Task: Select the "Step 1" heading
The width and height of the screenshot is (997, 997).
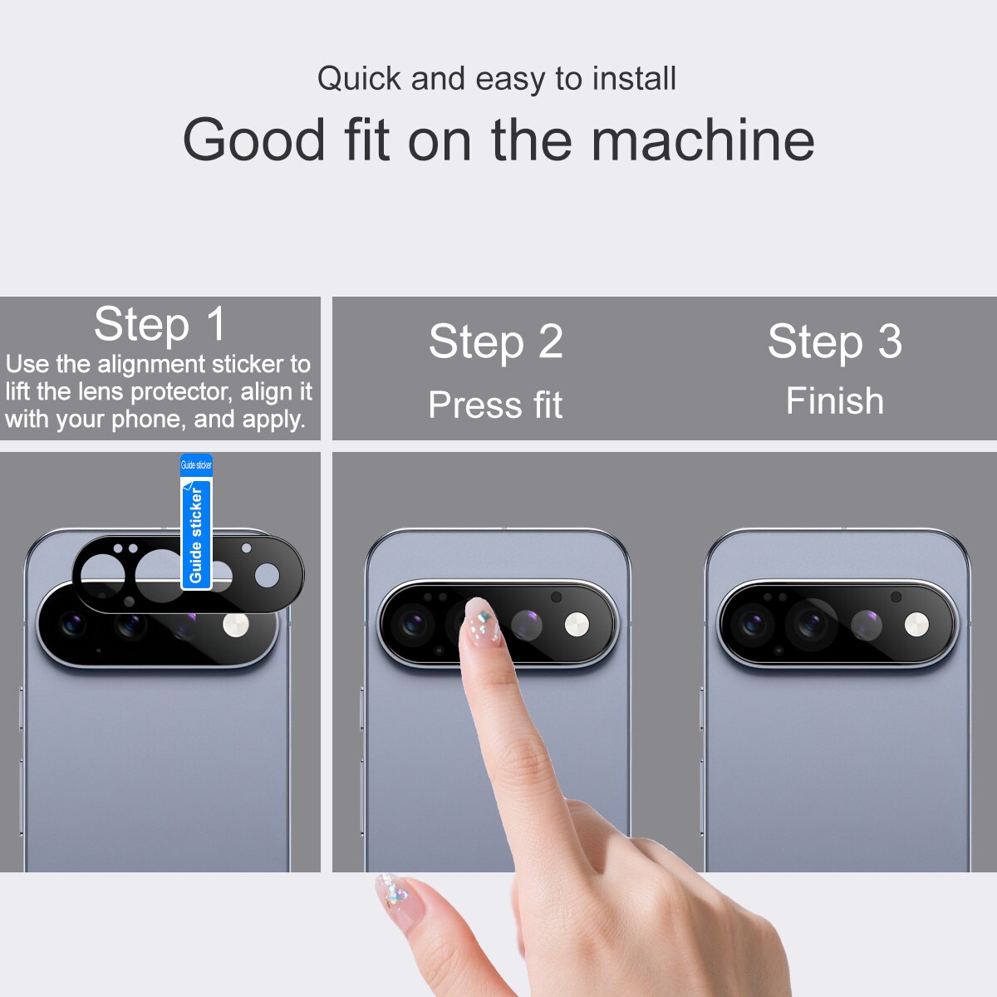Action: tap(160, 324)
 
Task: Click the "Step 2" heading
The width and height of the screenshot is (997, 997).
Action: tap(496, 341)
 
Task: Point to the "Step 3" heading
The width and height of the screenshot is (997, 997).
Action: tap(834, 341)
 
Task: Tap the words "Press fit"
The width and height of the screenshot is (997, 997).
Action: tap(495, 405)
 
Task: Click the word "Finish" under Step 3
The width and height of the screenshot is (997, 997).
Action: tap(834, 401)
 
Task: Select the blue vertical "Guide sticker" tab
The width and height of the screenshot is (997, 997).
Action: tap(196, 522)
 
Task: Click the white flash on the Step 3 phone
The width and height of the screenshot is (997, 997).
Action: tap(916, 625)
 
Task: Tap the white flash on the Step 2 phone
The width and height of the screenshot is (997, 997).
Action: tap(577, 625)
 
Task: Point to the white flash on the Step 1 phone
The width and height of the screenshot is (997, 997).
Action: tap(236, 626)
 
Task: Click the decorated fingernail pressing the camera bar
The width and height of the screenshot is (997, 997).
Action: tap(482, 621)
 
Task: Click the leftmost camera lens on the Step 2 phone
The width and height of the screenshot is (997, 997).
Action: tap(412, 625)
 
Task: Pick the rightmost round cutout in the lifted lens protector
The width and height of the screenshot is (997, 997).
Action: tap(267, 575)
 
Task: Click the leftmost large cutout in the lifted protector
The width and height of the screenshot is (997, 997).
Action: tap(103, 575)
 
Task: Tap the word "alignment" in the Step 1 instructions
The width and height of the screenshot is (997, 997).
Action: tap(152, 365)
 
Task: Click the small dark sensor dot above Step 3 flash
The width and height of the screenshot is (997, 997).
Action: tap(896, 597)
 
